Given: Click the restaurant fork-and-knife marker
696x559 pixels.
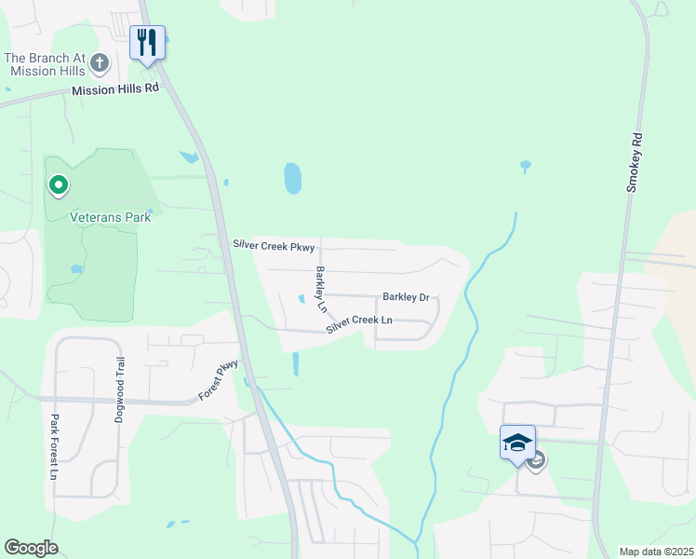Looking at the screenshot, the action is [x=147, y=43].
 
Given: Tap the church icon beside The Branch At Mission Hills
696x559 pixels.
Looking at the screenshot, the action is [x=100, y=64].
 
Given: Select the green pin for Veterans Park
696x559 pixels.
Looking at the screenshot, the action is [x=59, y=185].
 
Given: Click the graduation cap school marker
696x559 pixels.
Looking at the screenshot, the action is [x=517, y=442].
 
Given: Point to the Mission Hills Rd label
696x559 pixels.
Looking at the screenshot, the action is [x=116, y=89].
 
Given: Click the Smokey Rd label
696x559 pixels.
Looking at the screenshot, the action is [x=635, y=162].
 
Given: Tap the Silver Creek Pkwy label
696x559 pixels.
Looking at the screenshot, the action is [x=274, y=246].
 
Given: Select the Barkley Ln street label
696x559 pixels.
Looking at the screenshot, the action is [x=321, y=289].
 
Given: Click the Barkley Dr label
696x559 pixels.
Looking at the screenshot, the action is [x=406, y=297].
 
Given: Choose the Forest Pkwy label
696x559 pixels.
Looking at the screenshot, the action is [x=219, y=380].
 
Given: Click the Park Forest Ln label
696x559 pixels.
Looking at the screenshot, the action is [x=55, y=446].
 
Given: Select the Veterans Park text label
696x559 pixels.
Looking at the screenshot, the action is [x=111, y=217].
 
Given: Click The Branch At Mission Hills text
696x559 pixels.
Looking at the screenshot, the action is [x=43, y=64].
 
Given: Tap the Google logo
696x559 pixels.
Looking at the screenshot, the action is [x=31, y=548].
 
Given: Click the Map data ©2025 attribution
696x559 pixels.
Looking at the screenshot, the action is [x=656, y=552].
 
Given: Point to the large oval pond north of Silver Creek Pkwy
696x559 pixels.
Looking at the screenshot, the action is [x=293, y=178].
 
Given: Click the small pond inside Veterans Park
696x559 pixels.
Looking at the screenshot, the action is [x=76, y=269].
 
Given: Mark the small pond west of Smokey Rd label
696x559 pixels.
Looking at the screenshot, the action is [x=526, y=167].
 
